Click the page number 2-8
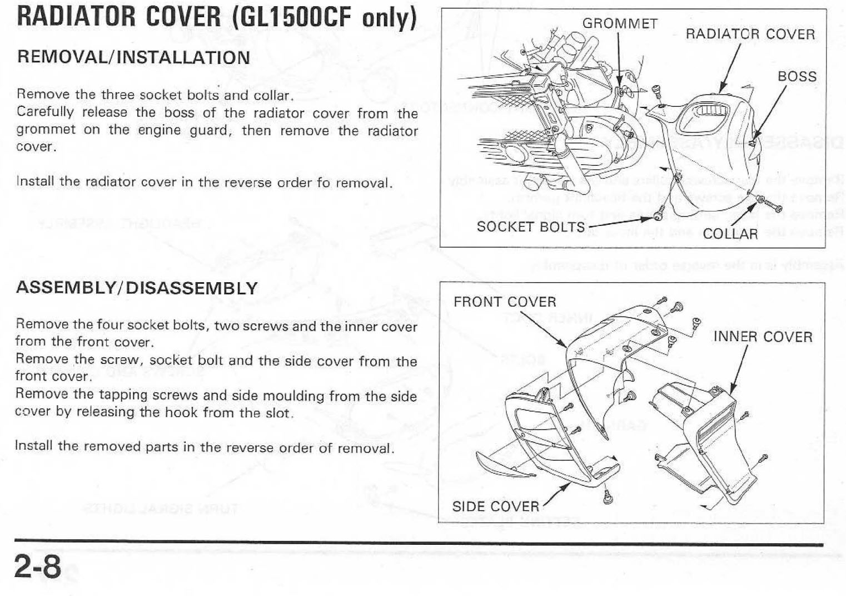(38, 567)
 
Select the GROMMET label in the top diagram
(620, 23)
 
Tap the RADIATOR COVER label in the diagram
(750, 34)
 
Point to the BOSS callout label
(797, 76)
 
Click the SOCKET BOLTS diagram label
(530, 226)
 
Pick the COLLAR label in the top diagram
(730, 234)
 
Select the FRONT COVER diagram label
(505, 302)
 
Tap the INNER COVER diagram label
(762, 337)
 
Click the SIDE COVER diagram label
(495, 506)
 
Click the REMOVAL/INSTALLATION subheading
(133, 57)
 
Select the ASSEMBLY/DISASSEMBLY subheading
(137, 288)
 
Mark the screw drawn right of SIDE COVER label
(608, 497)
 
